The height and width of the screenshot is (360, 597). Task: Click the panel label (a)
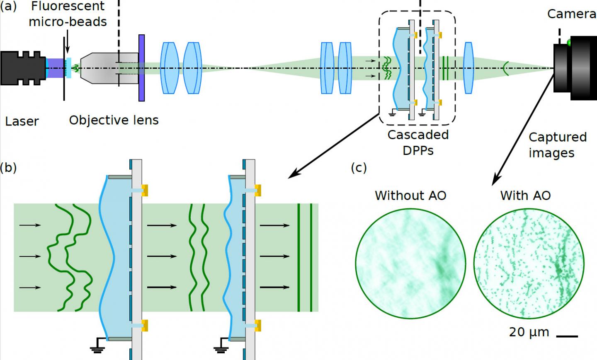pyautogui.click(x=8, y=7)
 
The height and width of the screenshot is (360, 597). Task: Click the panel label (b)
pyautogui.click(x=8, y=168)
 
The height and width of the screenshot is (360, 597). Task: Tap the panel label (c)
pyautogui.click(x=359, y=168)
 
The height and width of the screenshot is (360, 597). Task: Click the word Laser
pyautogui.click(x=22, y=121)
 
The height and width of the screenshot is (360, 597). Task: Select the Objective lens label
pyautogui.click(x=114, y=120)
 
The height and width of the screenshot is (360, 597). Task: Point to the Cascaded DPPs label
pyautogui.click(x=418, y=143)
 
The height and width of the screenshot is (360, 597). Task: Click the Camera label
pyautogui.click(x=571, y=14)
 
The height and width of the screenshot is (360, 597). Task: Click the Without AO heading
pyautogui.click(x=410, y=195)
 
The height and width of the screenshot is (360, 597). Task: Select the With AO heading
pyautogui.click(x=525, y=195)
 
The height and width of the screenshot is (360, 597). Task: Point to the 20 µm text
pyautogui.click(x=529, y=332)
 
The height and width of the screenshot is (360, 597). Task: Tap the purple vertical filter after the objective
pyautogui.click(x=141, y=68)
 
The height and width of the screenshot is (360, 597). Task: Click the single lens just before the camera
pyautogui.click(x=468, y=68)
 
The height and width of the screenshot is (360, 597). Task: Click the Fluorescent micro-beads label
pyautogui.click(x=68, y=14)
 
